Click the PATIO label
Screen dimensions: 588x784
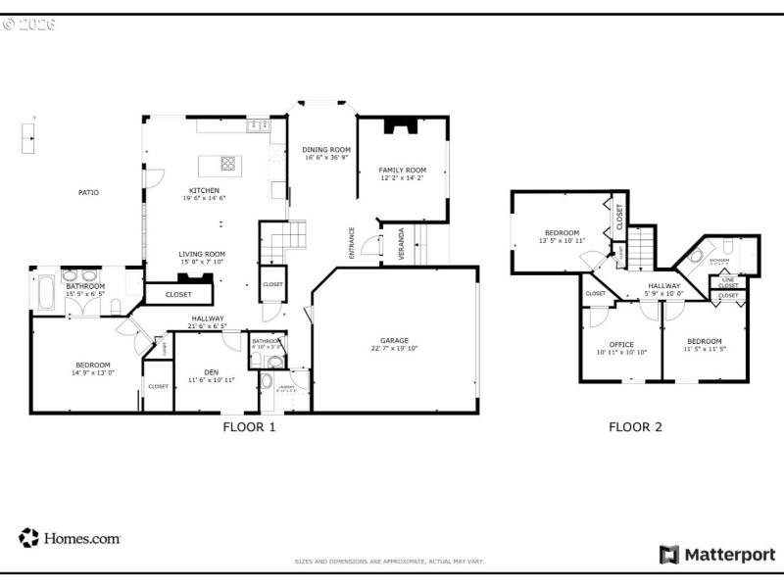click(x=88, y=192)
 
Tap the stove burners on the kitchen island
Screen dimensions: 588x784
click(x=227, y=164)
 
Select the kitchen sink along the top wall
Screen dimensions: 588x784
click(x=259, y=125)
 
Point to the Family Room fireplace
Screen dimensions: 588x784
click(x=401, y=124)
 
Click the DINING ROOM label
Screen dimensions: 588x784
click(x=326, y=149)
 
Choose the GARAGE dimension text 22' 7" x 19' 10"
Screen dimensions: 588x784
click(x=394, y=348)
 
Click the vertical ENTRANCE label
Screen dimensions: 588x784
click(x=352, y=243)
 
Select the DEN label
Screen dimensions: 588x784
click(x=211, y=371)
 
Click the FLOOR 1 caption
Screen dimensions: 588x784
click(x=250, y=427)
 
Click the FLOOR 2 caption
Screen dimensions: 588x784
click(x=635, y=427)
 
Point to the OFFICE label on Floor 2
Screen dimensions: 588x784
click(x=621, y=344)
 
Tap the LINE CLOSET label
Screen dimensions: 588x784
click(x=728, y=282)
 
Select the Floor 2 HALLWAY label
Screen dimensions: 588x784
click(x=663, y=285)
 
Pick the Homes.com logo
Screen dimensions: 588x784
click(x=70, y=538)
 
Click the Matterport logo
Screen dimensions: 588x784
click(x=717, y=555)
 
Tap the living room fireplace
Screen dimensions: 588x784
click(x=202, y=277)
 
